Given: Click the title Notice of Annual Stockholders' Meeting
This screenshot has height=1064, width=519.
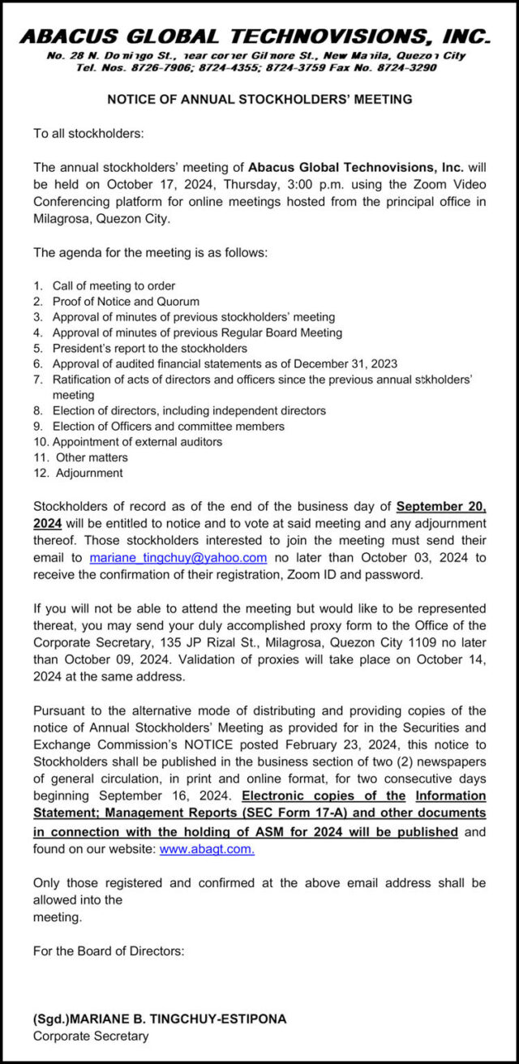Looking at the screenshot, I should click(x=259, y=99).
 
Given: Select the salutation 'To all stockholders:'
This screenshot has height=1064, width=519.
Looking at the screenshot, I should click(x=88, y=133).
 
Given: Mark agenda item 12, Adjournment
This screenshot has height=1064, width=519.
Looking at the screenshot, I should click(x=89, y=473).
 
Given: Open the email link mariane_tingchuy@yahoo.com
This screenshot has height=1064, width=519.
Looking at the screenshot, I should click(x=178, y=558).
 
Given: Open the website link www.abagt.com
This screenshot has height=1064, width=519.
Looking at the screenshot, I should click(x=207, y=850).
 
